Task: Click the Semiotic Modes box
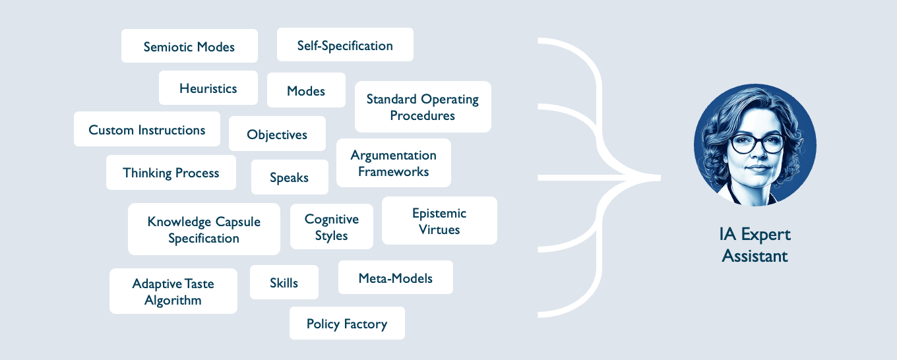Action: click(189, 45)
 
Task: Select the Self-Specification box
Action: click(345, 44)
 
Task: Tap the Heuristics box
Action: click(208, 88)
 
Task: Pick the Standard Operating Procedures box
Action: click(423, 107)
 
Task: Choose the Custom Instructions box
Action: click(147, 129)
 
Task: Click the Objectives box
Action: click(277, 134)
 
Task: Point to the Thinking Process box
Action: click(171, 173)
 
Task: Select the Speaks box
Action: click(290, 177)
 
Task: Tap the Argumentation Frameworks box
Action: click(394, 163)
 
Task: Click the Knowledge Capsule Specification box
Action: click(204, 229)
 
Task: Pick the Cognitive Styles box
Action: click(332, 227)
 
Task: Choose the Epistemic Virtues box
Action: click(439, 221)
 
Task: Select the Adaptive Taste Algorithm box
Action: click(173, 291)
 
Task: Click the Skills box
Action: click(284, 282)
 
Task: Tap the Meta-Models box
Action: click(396, 278)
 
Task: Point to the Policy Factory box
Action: click(347, 323)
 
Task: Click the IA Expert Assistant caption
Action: click(755, 245)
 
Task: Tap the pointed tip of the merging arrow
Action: click(660, 178)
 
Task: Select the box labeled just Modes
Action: click(306, 90)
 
